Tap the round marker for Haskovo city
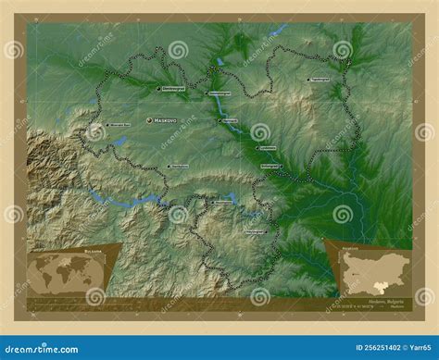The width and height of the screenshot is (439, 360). pos(150,119)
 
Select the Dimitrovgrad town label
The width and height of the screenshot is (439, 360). pos(173,89)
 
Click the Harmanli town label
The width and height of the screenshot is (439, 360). pos(230,120)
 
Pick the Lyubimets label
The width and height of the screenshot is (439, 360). pos(273,146)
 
